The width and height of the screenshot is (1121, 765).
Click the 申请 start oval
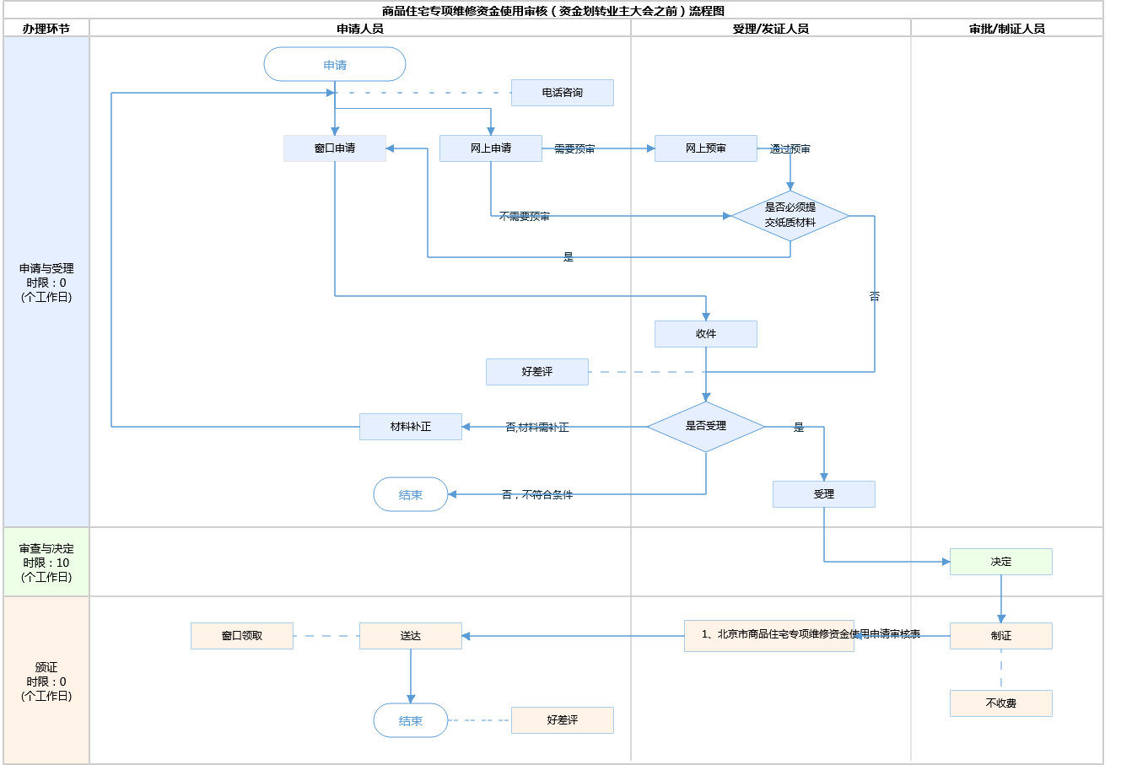335,65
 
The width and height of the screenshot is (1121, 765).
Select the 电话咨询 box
562,93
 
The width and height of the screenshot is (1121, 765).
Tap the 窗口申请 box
335,148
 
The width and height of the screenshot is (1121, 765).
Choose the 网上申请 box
490,148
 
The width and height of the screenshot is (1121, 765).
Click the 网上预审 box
705,148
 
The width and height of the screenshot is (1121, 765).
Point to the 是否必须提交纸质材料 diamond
790,216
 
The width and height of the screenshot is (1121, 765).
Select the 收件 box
705,334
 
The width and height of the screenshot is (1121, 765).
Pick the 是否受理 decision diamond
705,427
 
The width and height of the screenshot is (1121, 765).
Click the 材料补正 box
410,427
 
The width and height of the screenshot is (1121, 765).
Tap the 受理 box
823,494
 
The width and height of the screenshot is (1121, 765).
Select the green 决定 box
1000,562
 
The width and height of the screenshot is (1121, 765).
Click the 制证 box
1000,636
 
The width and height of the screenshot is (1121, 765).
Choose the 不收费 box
1000,703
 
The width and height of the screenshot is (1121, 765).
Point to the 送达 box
410,636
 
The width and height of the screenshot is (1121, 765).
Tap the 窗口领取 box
241,636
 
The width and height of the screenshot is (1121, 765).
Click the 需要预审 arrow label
574,149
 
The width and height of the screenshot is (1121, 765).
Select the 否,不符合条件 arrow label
537,495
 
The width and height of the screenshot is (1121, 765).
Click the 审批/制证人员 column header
1006,29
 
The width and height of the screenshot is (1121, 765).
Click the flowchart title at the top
552,11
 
